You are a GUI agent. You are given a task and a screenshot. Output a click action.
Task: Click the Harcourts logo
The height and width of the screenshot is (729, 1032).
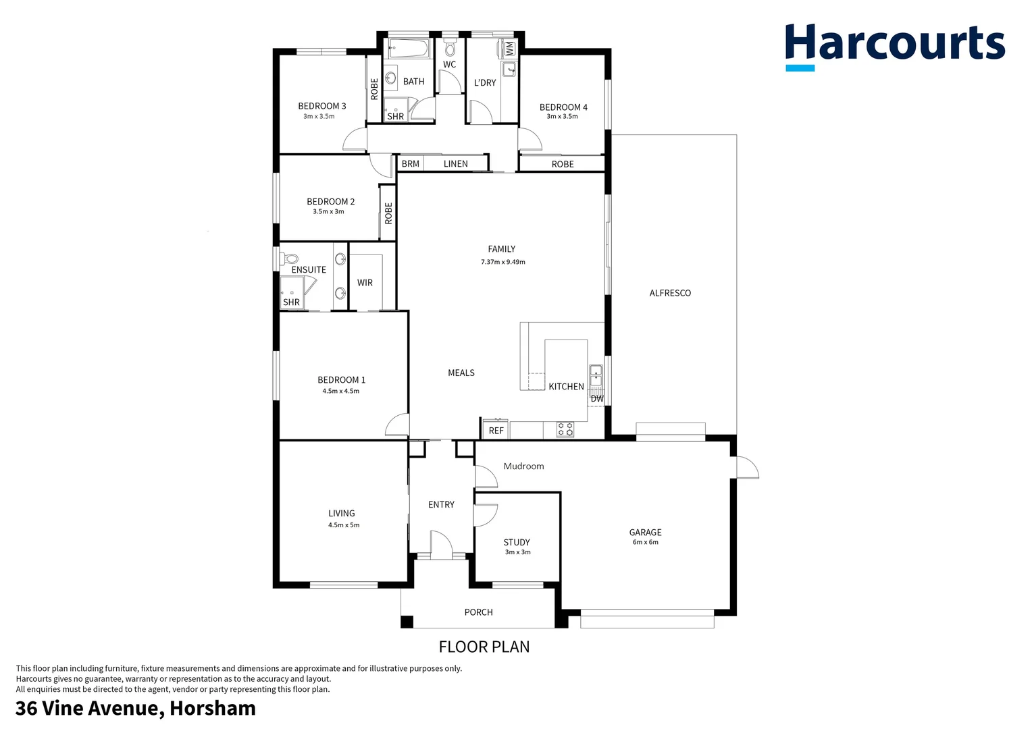point(894,46)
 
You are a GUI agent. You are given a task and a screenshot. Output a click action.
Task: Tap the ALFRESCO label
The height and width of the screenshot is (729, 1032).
point(669,293)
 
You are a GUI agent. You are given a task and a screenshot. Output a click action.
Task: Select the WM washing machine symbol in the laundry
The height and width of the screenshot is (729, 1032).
point(509,49)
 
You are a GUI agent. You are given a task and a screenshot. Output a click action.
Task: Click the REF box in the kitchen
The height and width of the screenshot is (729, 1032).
point(496,430)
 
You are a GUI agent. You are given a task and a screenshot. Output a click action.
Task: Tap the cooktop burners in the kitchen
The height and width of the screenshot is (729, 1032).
point(565,429)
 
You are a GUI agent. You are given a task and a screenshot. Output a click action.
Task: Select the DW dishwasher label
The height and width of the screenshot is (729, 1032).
point(597,398)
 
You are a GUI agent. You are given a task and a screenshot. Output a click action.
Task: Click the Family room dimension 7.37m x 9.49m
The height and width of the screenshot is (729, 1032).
point(502,262)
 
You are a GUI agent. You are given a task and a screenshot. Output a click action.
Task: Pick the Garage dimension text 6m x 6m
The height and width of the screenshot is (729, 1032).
point(645,542)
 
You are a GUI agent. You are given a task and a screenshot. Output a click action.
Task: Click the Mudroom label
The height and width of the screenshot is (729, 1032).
point(523,466)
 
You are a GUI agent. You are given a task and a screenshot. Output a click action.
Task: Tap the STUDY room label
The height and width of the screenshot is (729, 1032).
point(517,542)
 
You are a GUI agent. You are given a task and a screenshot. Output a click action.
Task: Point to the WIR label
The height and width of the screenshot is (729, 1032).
point(365,283)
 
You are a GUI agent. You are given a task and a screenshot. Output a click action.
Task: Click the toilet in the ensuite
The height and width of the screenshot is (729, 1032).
point(290,258)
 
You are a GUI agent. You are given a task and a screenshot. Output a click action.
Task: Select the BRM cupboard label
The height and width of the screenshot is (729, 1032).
point(410,163)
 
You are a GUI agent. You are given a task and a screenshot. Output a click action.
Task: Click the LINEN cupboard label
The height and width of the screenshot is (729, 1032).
point(455,163)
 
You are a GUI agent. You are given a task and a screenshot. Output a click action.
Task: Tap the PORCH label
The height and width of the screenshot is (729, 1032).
point(478,612)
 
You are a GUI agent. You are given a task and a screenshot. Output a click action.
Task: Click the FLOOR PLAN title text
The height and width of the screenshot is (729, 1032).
point(484,647)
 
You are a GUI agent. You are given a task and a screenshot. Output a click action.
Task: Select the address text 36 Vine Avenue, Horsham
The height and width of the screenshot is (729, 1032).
point(136,709)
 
